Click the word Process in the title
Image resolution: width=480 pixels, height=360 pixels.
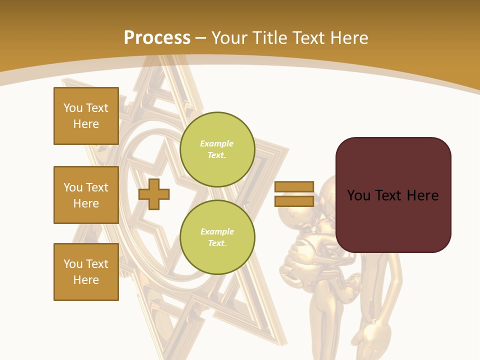[x=157, y=38]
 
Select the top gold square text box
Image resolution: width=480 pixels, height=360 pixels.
[x=86, y=116]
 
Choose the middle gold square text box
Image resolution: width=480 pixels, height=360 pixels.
[x=86, y=195]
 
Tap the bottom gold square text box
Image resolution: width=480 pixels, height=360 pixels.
[x=86, y=272]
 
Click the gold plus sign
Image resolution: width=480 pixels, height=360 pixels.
[x=154, y=194]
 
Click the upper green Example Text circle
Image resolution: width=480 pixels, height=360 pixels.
[x=217, y=149]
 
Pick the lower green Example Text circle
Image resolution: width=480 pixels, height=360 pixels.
[x=217, y=237]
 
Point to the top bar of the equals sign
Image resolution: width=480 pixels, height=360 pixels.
[x=294, y=187]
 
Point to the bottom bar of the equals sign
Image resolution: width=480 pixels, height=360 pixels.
[x=294, y=201]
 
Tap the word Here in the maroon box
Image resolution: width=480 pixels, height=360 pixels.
[x=422, y=195]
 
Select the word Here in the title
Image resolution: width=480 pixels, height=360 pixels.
[x=350, y=38]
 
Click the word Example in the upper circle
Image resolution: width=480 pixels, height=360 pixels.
[x=216, y=144]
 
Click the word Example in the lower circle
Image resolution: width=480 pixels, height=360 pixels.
[x=216, y=232]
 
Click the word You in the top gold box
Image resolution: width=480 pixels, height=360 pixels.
[x=72, y=108]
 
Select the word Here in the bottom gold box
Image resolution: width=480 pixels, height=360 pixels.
[x=86, y=280]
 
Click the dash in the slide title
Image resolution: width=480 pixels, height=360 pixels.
[x=201, y=38]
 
